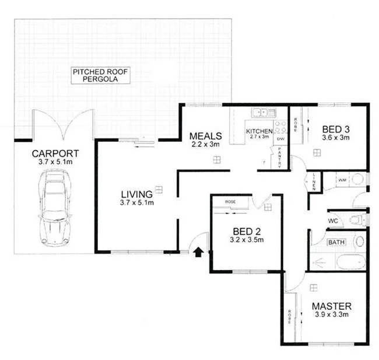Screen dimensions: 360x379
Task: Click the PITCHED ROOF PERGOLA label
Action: (100, 75)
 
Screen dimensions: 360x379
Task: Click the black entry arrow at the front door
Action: (198, 252)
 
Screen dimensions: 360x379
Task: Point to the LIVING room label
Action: (136, 194)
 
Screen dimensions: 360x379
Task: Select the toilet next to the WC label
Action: (357, 219)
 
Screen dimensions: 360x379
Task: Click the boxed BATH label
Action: (336, 242)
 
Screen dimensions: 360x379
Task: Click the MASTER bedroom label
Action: (331, 306)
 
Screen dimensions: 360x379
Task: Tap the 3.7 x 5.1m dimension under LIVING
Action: (136, 203)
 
